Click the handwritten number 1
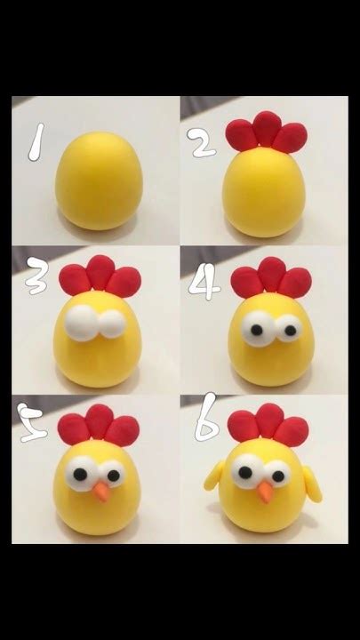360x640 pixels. tap(36, 142)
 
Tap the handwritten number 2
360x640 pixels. tap(201, 142)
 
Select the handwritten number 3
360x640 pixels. tap(37, 276)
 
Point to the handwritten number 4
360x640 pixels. tap(204, 284)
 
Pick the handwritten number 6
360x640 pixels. tap(207, 418)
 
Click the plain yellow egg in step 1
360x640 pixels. tap(100, 180)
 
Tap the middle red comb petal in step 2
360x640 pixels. tap(267, 128)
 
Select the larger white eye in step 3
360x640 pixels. tap(83, 323)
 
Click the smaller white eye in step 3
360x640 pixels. tap(112, 324)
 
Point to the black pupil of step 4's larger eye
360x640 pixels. tap(256, 330)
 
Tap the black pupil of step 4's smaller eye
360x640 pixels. tap(290, 330)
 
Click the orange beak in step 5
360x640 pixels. tap(101, 492)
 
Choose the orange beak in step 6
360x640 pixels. tap(266, 492)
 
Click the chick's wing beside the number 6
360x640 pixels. tap(214, 476)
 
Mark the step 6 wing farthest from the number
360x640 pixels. tap(313, 484)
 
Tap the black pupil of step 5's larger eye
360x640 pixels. tap(80, 474)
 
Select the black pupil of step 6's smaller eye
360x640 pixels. tap(278, 476)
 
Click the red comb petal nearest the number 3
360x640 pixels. tap(75, 280)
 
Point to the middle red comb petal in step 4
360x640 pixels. tap(272, 274)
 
